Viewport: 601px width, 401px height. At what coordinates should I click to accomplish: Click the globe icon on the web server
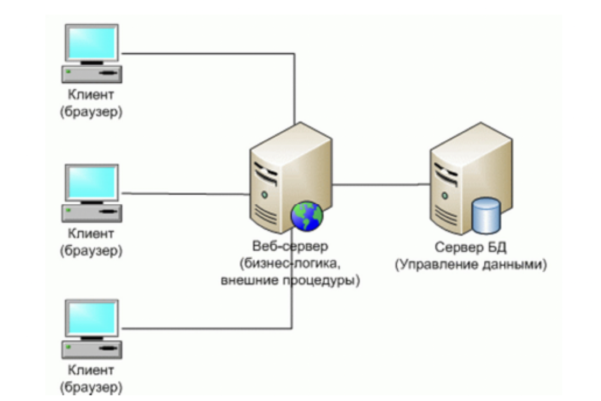(x=307, y=216)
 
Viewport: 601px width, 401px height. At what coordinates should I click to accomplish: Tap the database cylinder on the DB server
(x=486, y=215)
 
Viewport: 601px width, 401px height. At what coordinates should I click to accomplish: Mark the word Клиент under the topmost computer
(x=91, y=95)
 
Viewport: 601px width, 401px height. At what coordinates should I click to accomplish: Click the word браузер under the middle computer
(x=91, y=251)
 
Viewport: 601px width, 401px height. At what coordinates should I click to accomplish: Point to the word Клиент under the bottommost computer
(x=91, y=370)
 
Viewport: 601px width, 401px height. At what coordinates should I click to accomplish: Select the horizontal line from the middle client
(x=185, y=194)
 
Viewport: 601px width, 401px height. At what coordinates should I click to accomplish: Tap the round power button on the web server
(x=264, y=194)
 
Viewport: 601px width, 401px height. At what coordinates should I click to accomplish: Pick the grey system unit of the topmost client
(x=92, y=74)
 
